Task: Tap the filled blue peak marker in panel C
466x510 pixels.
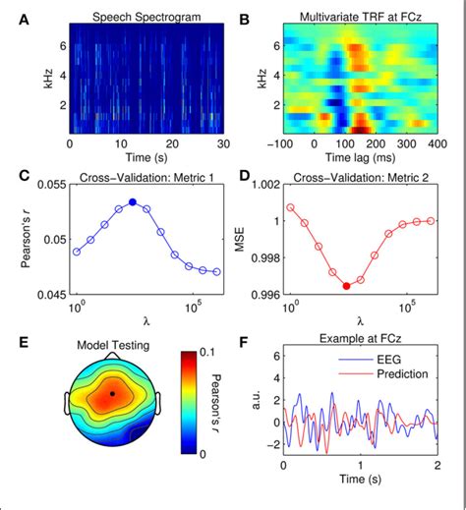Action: pos(133,201)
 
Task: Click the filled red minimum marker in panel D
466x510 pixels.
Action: pos(346,286)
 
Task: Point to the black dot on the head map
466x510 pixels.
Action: pos(112,393)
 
